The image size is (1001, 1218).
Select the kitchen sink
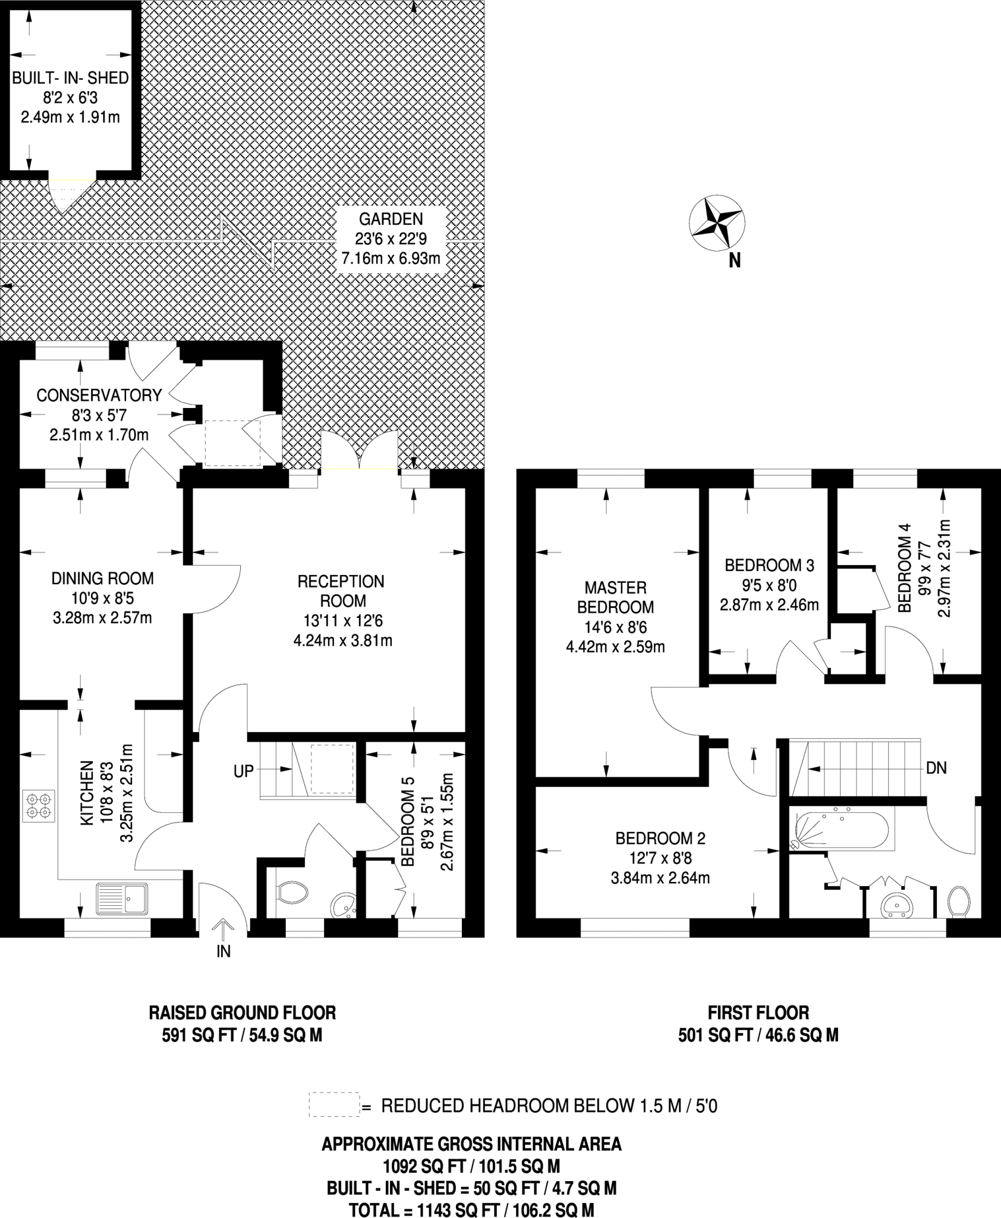click(121, 898)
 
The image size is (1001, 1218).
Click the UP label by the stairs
click(244, 771)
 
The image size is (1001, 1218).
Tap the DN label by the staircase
click(936, 768)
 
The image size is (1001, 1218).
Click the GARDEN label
click(391, 219)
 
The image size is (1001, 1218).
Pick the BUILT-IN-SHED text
click(71, 78)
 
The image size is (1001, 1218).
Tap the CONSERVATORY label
click(99, 395)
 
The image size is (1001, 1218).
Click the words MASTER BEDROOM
click(616, 598)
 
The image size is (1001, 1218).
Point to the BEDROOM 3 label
click(769, 565)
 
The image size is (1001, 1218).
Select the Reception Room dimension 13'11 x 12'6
click(343, 621)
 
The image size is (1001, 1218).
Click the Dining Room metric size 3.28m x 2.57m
click(102, 618)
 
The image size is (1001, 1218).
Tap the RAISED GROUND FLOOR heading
click(242, 1012)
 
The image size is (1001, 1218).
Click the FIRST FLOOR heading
click(758, 1012)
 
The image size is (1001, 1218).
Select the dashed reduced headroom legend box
click(334, 1104)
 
